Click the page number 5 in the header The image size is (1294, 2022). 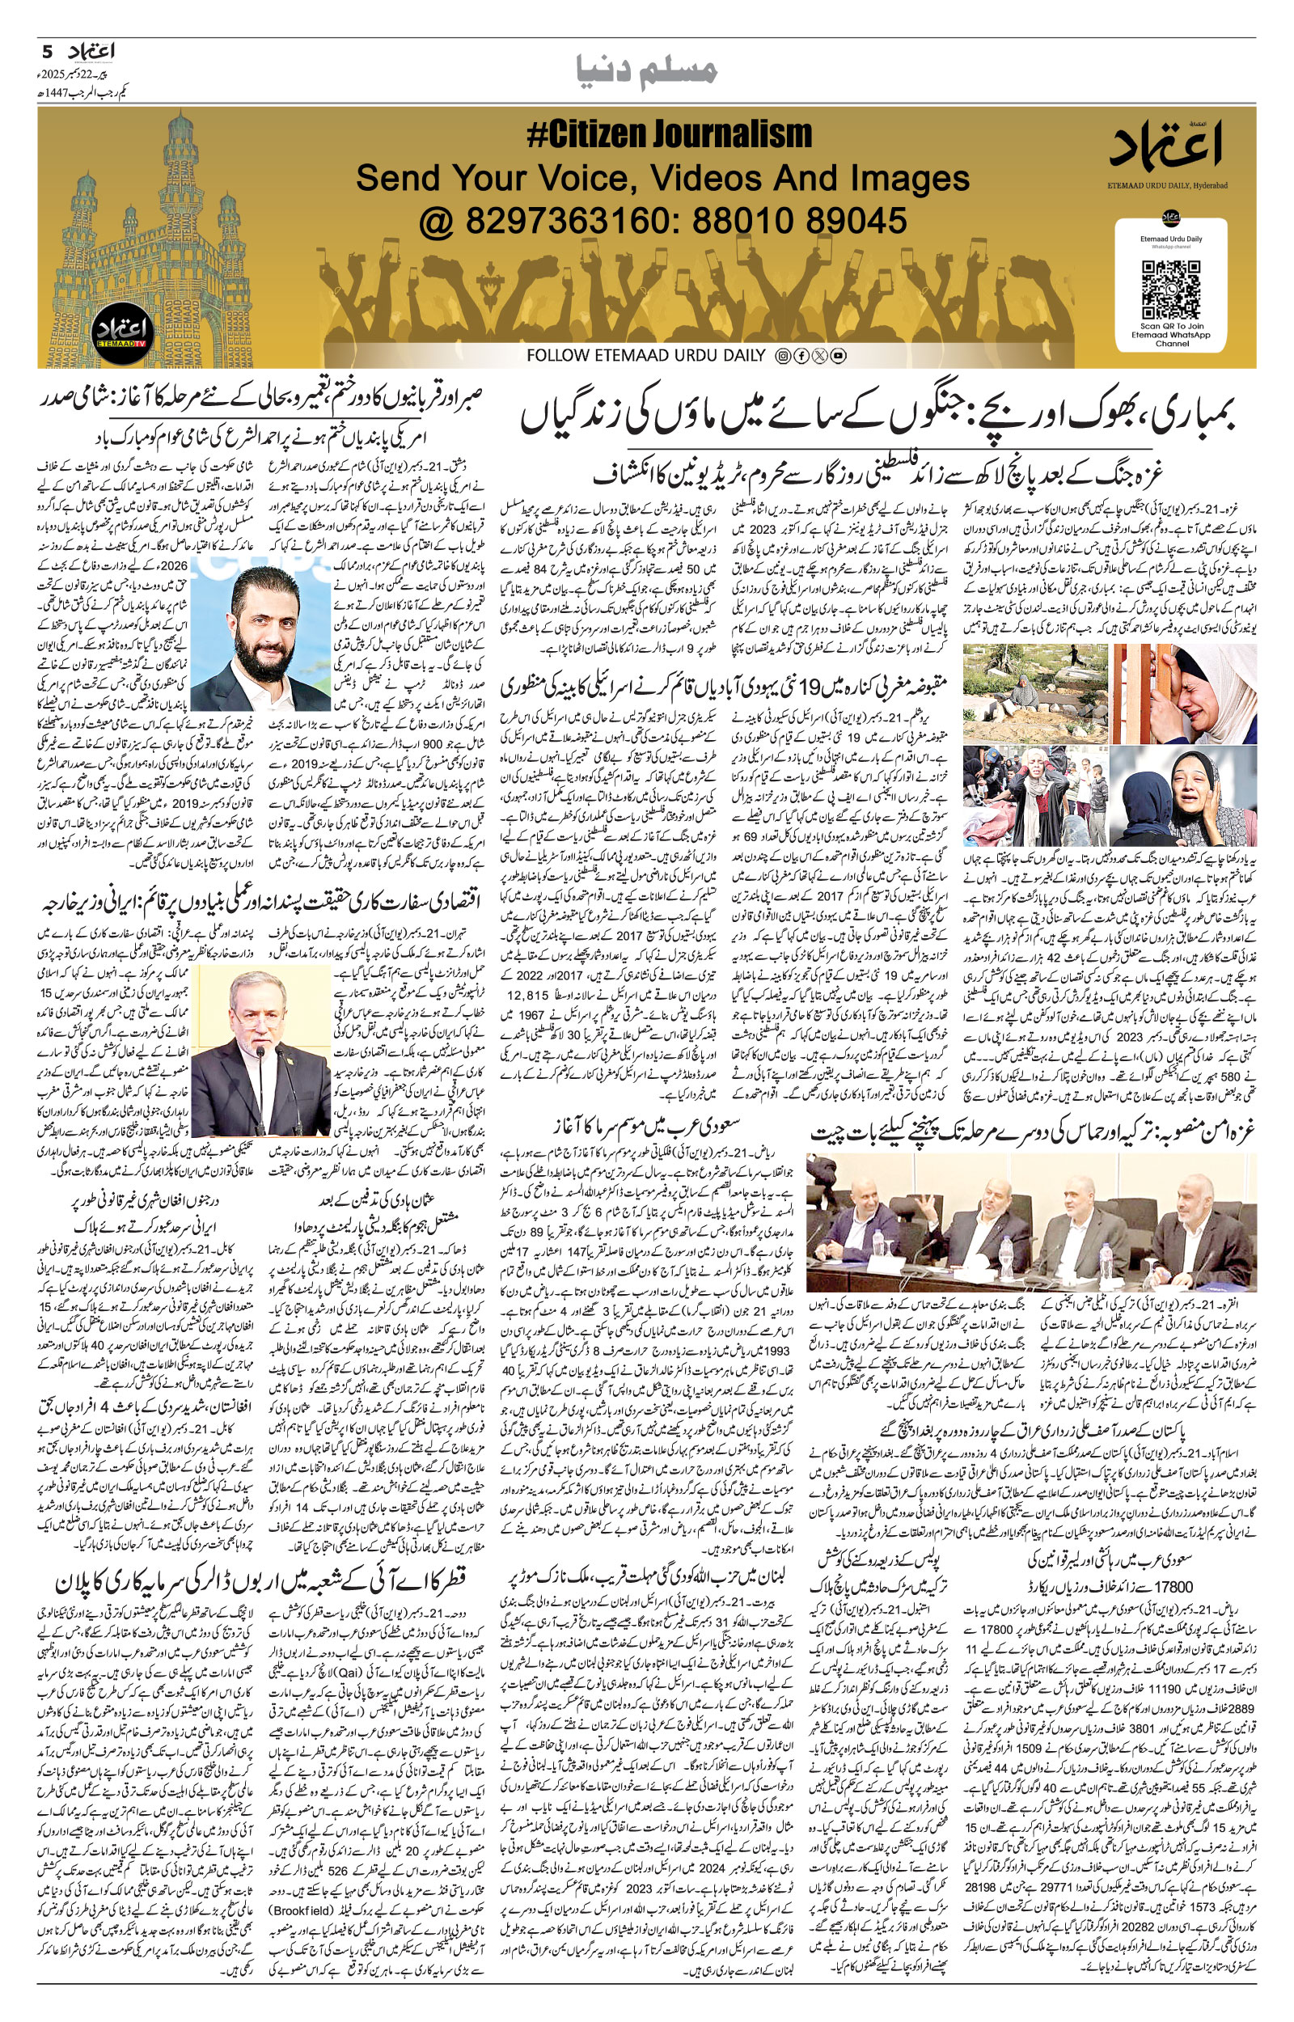(x=48, y=51)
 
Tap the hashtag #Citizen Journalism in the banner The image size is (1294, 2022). (x=669, y=135)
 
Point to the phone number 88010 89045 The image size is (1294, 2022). (x=799, y=221)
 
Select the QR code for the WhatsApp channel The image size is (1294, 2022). (x=1170, y=290)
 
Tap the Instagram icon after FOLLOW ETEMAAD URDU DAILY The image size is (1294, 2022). (x=781, y=356)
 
